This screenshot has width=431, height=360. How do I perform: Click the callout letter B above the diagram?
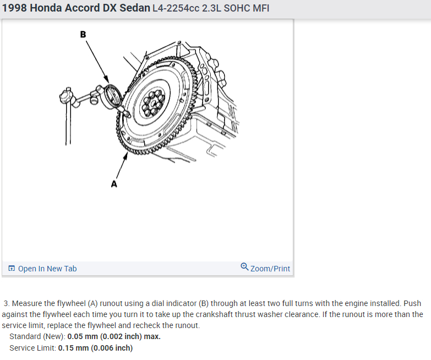coord(83,34)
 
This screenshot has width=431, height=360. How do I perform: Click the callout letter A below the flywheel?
coord(114,184)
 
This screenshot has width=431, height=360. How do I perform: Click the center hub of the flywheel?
coord(149,102)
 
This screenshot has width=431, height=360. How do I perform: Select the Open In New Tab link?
coord(47,269)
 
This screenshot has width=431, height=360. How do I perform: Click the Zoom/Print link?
coord(270,269)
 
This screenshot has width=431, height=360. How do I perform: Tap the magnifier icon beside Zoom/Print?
coord(244,268)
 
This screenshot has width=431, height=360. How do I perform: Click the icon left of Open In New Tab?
coord(12,269)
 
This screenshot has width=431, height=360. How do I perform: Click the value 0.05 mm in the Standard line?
coord(83,336)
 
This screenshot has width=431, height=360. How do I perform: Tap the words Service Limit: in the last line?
coord(32,348)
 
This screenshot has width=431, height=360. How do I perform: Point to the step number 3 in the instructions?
coord(6,303)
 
